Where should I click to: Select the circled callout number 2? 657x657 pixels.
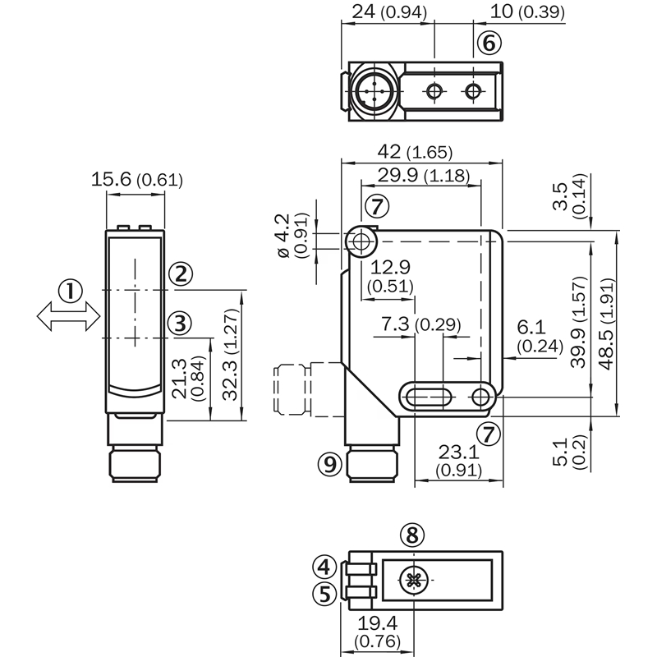click(181, 274)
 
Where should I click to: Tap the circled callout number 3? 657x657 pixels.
click(181, 323)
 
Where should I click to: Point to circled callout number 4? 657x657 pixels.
click(324, 567)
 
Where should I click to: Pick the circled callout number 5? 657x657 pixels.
click(324, 592)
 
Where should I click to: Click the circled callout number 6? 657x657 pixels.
click(487, 40)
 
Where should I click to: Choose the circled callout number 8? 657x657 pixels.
click(413, 535)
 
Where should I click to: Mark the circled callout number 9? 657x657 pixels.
click(328, 465)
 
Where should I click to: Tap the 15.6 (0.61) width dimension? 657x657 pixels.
click(136, 180)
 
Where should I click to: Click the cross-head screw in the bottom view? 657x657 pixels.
click(413, 581)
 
